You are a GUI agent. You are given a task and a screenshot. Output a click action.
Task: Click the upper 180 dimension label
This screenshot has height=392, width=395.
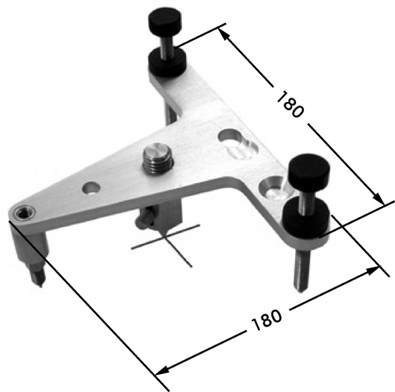point(290,104)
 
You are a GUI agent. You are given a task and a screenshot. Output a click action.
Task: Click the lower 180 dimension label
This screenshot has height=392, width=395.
point(266,319)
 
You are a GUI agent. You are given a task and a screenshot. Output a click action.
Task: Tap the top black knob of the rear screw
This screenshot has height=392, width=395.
point(165,24)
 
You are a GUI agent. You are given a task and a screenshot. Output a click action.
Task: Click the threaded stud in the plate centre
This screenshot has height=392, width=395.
point(158,159)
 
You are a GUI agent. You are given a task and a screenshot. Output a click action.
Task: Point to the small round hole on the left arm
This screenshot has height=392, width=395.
point(91,188)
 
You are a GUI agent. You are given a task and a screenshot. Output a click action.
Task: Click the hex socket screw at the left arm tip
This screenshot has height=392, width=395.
point(24,213)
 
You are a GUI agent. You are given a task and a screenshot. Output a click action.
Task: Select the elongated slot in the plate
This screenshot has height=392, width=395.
point(238,144)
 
